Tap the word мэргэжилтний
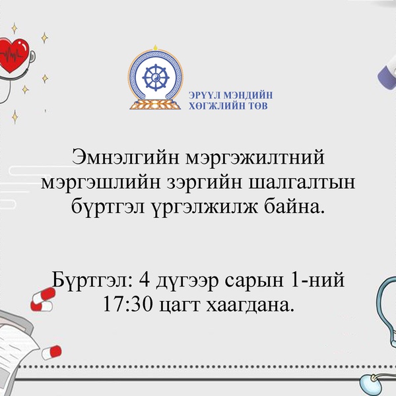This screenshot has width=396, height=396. coord(257,160)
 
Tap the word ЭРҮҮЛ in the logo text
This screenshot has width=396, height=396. coord(204,94)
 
